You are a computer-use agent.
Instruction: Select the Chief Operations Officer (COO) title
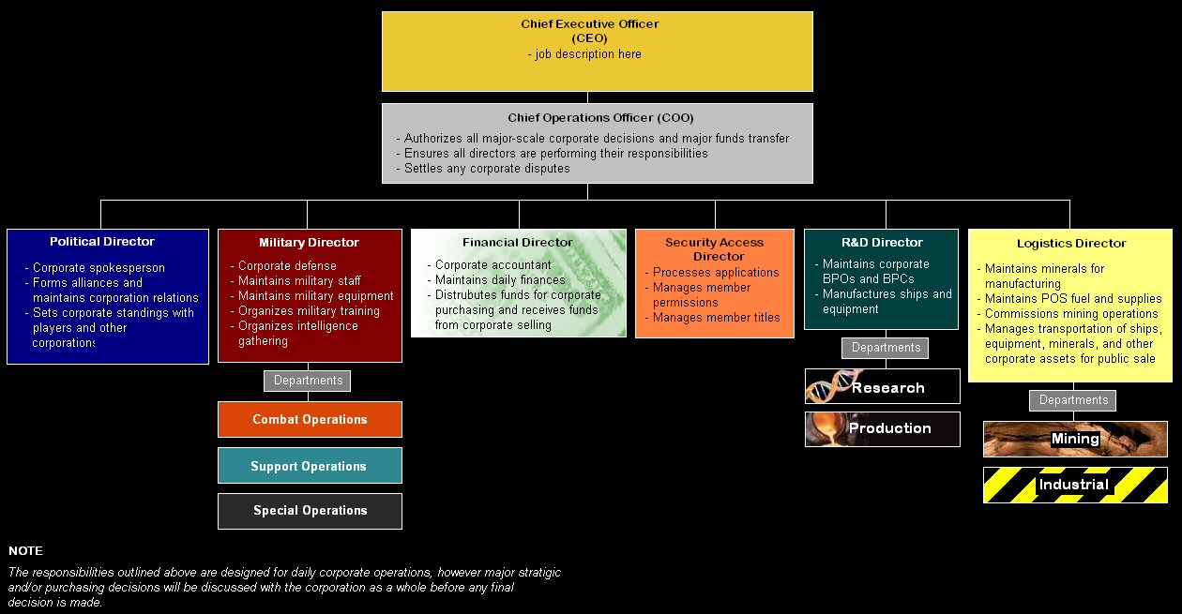pos(588,118)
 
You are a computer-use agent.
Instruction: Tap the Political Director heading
pos(102,242)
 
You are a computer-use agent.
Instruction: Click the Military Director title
pos(309,243)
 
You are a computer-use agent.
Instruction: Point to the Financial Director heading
pos(517,243)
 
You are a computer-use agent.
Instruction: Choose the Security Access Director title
pos(714,249)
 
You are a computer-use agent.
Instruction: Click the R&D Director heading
pos(882,243)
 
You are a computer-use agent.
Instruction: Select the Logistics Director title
pos(1071,244)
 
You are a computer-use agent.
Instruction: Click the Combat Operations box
pos(310,420)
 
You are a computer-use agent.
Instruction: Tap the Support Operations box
pos(309,466)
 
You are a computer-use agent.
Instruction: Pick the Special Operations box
pos(309,511)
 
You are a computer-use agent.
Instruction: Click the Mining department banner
pos(1075,439)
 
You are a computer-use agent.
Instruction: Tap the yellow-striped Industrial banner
pos(1074,486)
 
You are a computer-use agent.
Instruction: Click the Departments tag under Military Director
pos(308,381)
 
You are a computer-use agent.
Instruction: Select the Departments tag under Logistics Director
pos(1073,400)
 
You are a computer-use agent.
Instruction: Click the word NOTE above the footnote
pos(25,551)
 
